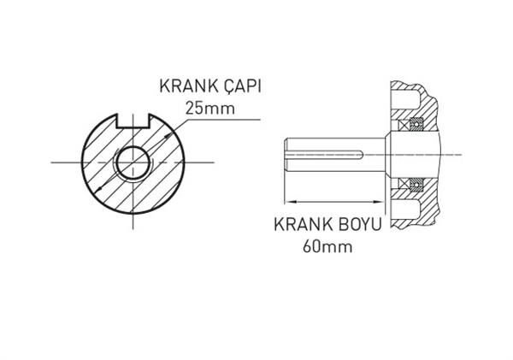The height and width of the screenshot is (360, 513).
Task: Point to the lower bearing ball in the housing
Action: tap(418, 183)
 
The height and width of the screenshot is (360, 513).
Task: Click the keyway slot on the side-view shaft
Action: tap(329, 155)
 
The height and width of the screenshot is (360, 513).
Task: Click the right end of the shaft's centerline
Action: tap(463, 155)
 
